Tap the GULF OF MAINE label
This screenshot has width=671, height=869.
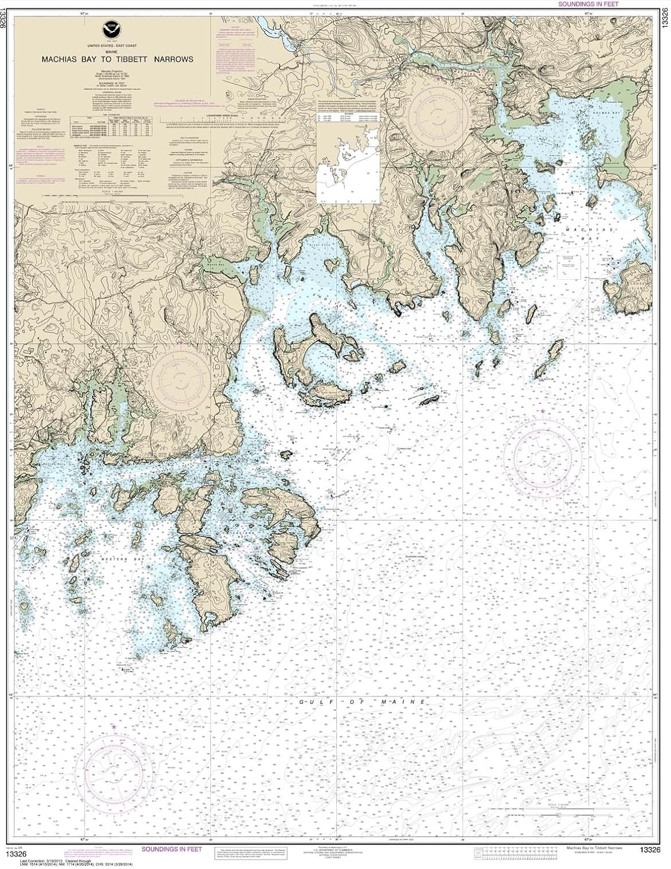(363, 702)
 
